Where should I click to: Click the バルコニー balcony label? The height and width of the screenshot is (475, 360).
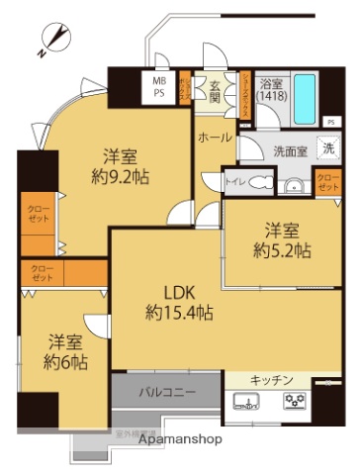pyautogui.click(x=166, y=392)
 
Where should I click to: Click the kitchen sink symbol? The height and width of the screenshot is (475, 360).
pyautogui.click(x=246, y=402)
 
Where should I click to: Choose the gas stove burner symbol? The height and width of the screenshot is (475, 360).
pyautogui.click(x=294, y=402)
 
